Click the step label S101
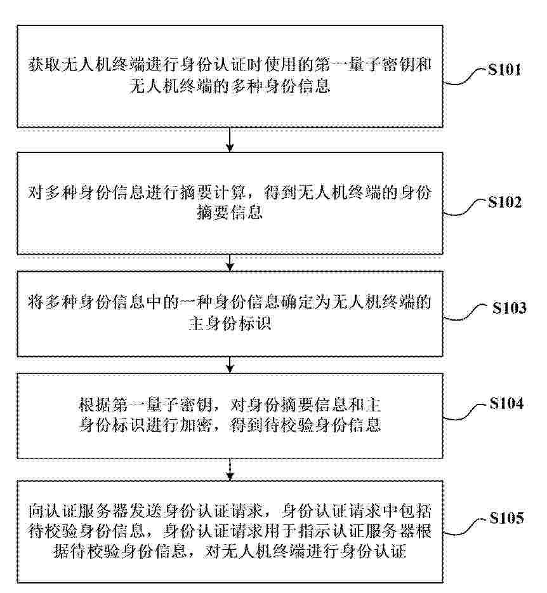[x=504, y=70]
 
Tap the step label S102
[x=504, y=202]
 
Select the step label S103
[x=509, y=308]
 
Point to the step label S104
[x=506, y=403]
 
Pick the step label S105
[x=507, y=517]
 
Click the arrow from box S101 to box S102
[x=230, y=140]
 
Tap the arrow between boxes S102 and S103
[x=230, y=262]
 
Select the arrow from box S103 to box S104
[x=230, y=364]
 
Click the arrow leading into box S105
[x=230, y=469]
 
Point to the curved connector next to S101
[x=465, y=77]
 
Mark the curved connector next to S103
[x=467, y=313]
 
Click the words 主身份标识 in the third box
[x=230, y=323]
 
